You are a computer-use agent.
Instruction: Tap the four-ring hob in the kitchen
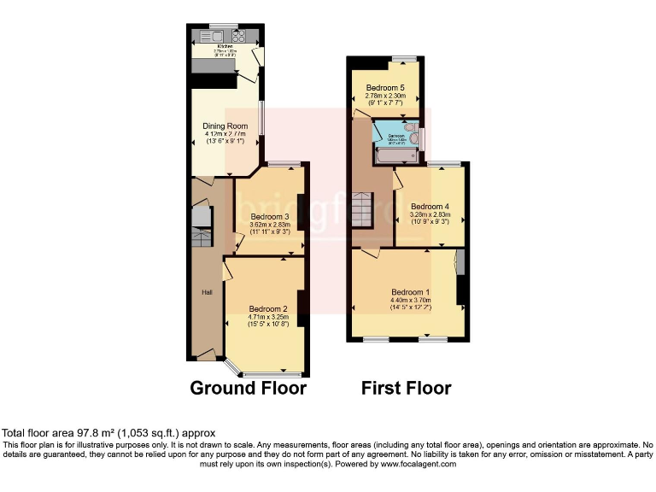[238, 36]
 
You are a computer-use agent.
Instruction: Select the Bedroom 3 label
[269, 217]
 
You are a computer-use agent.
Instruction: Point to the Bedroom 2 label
[268, 308]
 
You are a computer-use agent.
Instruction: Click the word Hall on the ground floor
[207, 292]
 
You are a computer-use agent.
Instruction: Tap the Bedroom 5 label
[384, 88]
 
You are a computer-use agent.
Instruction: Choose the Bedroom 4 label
[430, 207]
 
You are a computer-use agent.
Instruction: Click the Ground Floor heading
[248, 389]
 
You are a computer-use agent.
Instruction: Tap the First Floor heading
[406, 389]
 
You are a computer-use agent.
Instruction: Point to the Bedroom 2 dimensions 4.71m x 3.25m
[268, 317]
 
